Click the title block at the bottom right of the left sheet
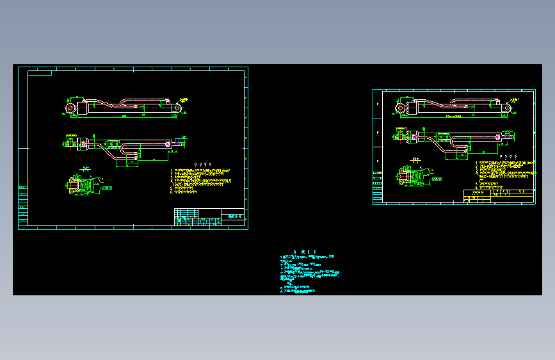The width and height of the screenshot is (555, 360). pos(209,217)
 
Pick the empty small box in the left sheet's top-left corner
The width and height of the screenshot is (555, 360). pos(40,73)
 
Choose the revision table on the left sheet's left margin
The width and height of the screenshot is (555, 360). pos(23,205)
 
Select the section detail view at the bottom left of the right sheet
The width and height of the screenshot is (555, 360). pos(411,176)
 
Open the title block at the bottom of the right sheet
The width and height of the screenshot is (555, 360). pos(499,196)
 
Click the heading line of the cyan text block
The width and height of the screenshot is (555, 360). pos(301,252)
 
